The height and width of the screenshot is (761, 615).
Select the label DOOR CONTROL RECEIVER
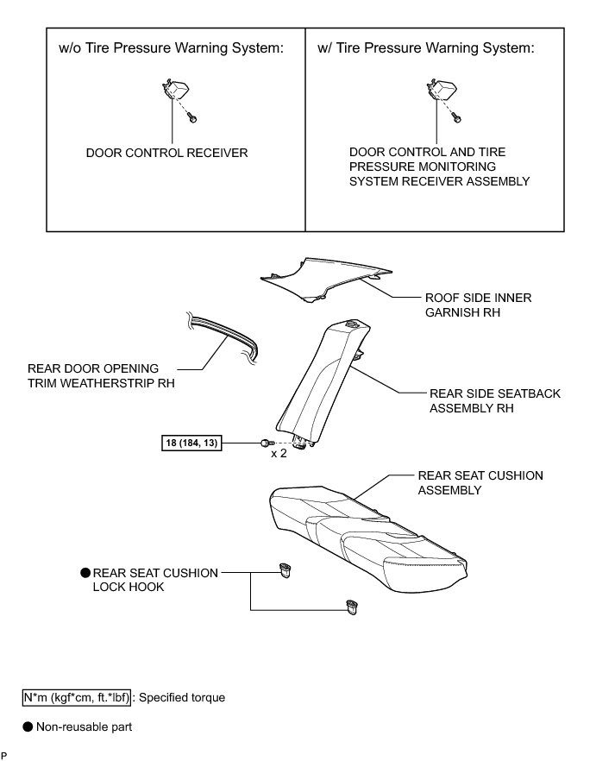[166, 153]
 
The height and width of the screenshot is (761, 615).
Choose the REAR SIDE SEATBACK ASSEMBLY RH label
[494, 400]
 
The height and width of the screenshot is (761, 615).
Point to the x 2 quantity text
[279, 453]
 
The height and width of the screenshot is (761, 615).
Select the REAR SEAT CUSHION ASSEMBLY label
[480, 482]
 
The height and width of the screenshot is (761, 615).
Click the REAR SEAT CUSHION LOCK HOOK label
[154, 579]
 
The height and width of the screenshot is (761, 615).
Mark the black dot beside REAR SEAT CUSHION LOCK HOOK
[85, 572]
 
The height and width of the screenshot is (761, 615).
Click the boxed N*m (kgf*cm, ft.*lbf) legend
[77, 697]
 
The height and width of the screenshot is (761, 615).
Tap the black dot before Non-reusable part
[28, 727]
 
